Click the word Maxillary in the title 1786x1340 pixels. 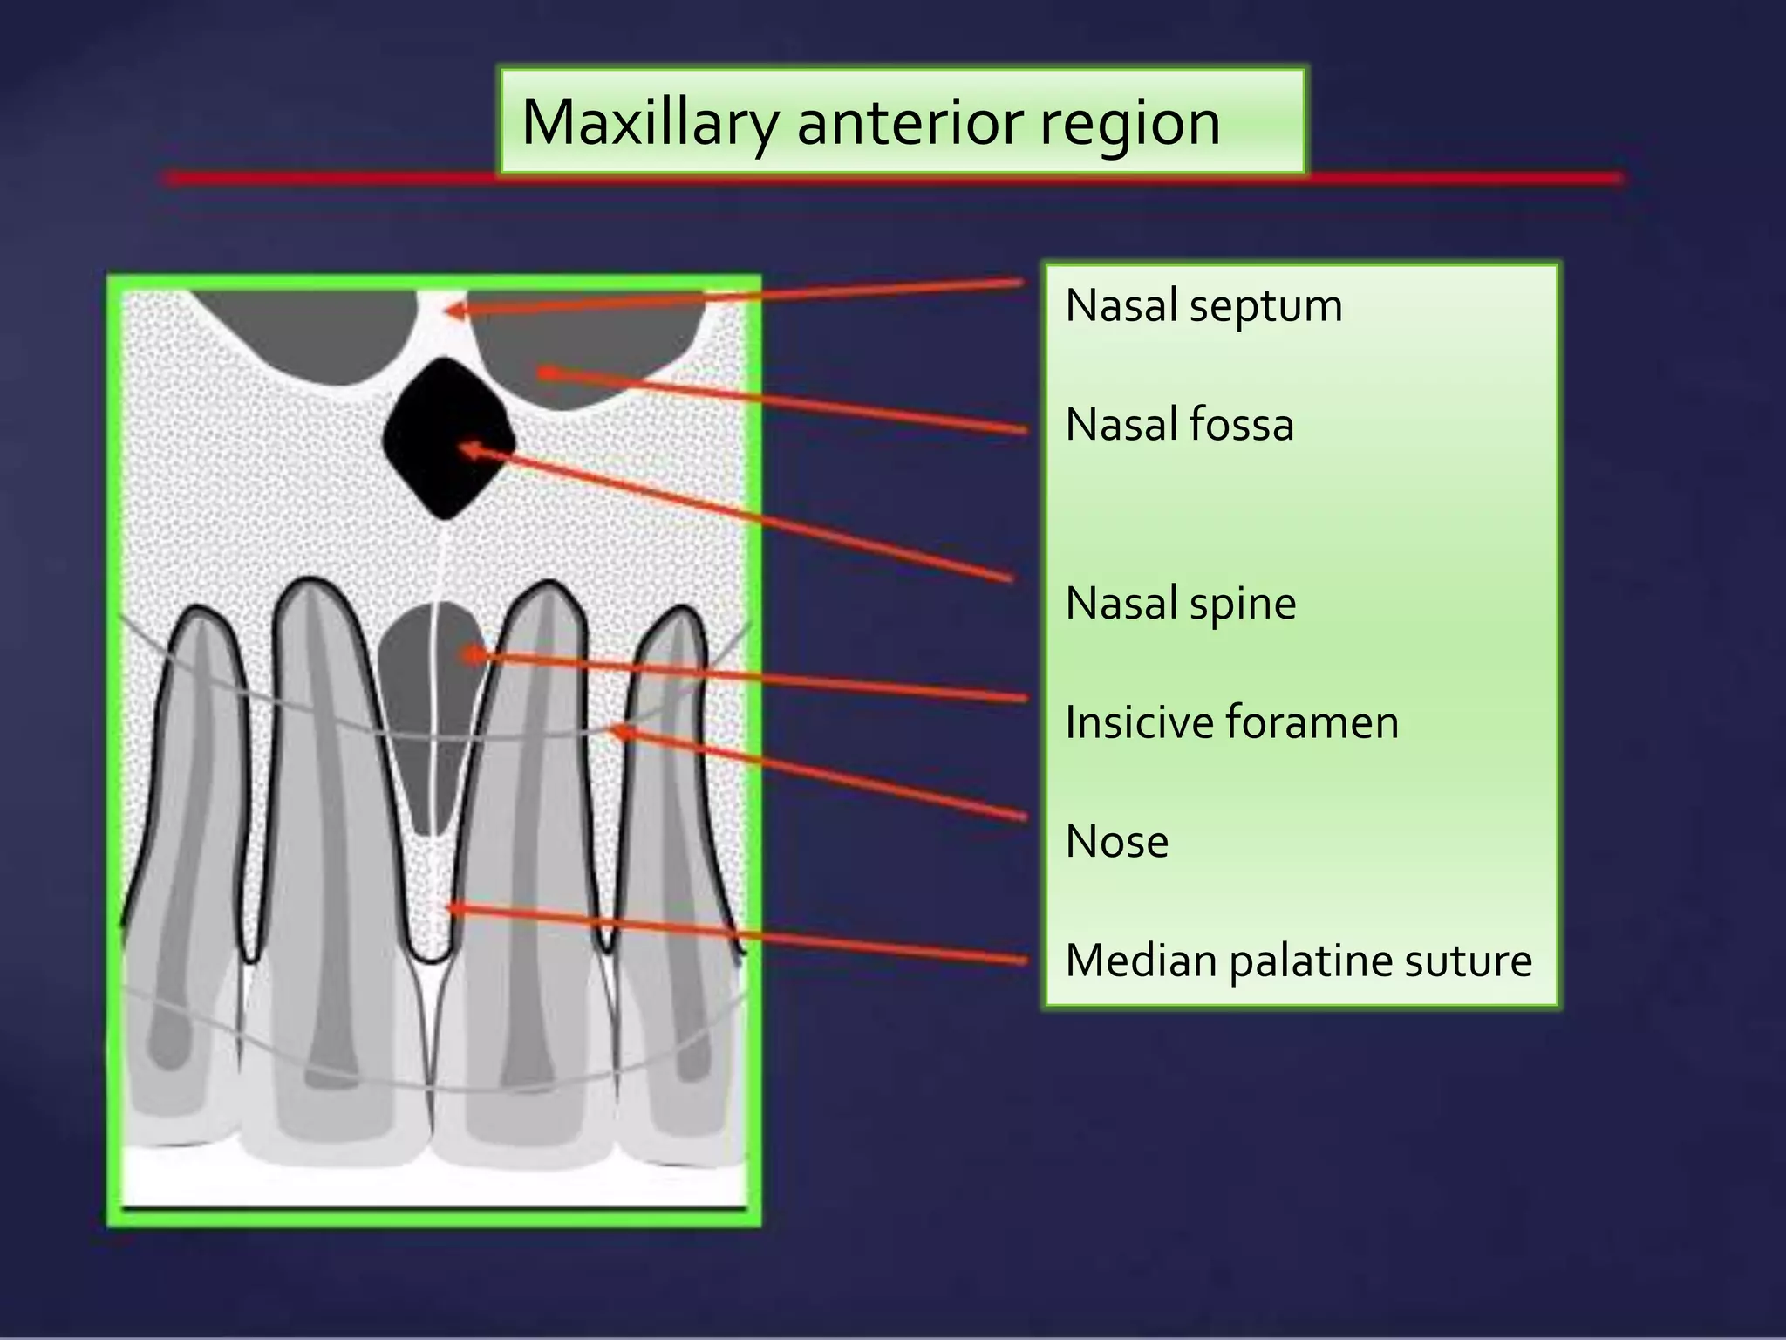(648, 123)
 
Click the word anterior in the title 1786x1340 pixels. (908, 123)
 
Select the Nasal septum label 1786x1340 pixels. (1203, 305)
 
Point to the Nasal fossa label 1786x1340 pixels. (1179, 425)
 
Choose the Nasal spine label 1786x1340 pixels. (1181, 603)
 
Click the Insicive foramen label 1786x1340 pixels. (1231, 722)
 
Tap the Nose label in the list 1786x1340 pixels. (1116, 842)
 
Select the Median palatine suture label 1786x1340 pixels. (1298, 961)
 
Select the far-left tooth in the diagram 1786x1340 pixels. (187, 872)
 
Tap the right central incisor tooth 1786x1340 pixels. (532, 872)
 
